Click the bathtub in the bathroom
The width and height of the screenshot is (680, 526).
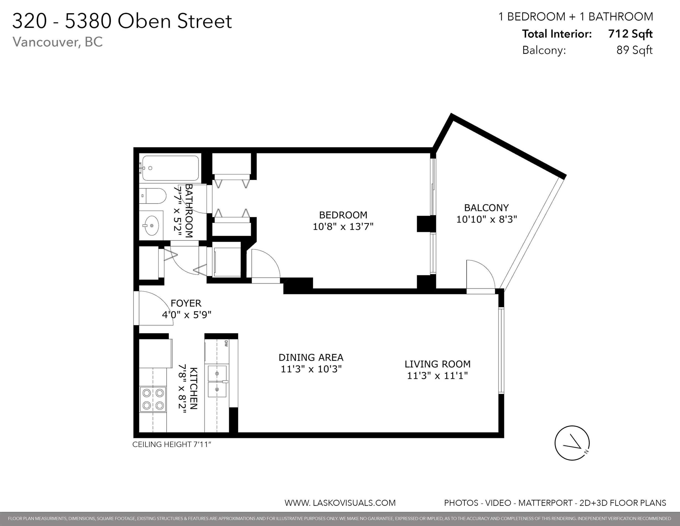point(170,168)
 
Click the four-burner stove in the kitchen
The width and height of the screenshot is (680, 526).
point(153,400)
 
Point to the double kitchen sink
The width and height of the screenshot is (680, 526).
point(217,381)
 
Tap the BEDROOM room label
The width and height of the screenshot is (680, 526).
point(343,215)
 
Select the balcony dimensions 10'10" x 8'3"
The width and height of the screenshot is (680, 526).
point(486,219)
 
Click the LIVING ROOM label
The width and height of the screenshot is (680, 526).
point(438,364)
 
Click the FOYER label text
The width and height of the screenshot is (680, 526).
point(186,303)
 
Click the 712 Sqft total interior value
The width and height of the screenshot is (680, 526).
point(630,34)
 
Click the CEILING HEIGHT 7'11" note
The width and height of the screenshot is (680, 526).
point(172,444)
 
